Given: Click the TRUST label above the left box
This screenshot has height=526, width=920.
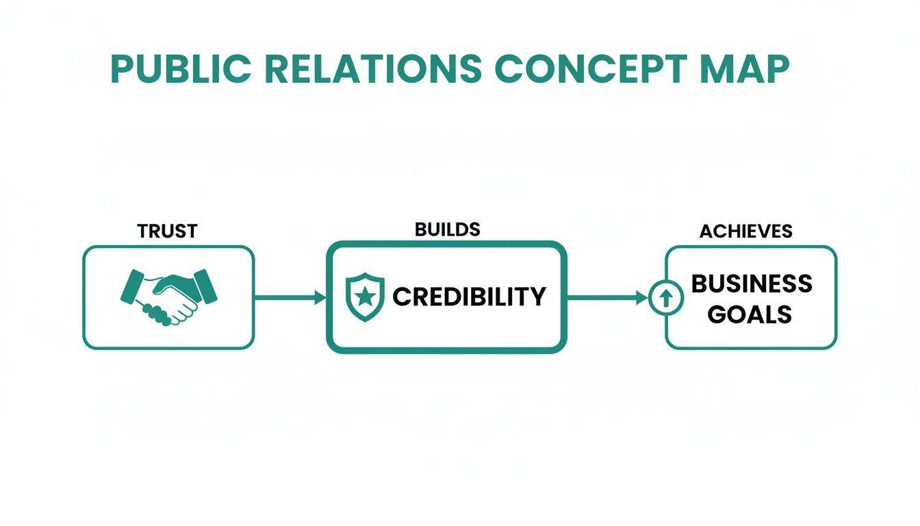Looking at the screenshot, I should pyautogui.click(x=167, y=231).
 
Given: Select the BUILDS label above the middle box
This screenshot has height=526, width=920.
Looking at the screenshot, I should pyautogui.click(x=447, y=229).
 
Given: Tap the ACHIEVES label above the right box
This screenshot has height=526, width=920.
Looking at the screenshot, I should pyautogui.click(x=745, y=231).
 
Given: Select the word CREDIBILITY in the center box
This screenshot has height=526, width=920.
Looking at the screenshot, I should pyautogui.click(x=469, y=297).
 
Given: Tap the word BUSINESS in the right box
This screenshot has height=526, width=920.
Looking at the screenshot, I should pyautogui.click(x=752, y=284).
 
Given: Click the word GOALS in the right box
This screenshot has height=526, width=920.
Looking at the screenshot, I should pyautogui.click(x=750, y=314).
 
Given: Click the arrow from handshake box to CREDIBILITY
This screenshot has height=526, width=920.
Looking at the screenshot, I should pyautogui.click(x=287, y=297).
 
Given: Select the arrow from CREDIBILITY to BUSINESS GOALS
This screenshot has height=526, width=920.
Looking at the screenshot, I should pyautogui.click(x=606, y=297).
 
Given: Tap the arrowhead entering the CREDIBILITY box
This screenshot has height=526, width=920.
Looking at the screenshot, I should pyautogui.click(x=319, y=297).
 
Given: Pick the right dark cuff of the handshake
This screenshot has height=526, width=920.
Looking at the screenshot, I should pyautogui.click(x=205, y=285).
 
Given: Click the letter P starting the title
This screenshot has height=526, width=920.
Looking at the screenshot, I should pyautogui.click(x=123, y=69).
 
